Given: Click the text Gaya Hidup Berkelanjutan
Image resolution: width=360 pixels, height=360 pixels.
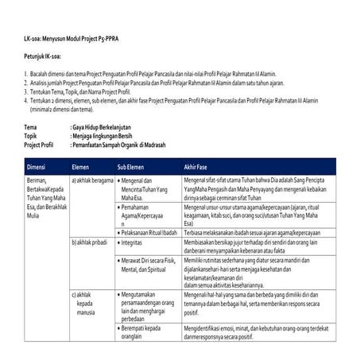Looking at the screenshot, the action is (102, 127).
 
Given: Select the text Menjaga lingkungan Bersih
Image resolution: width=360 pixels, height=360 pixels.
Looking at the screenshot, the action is (104, 135).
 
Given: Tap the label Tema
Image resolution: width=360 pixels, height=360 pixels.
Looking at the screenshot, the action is (31, 127).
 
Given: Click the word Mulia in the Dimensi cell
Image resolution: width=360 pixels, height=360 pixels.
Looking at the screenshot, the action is (33, 215).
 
